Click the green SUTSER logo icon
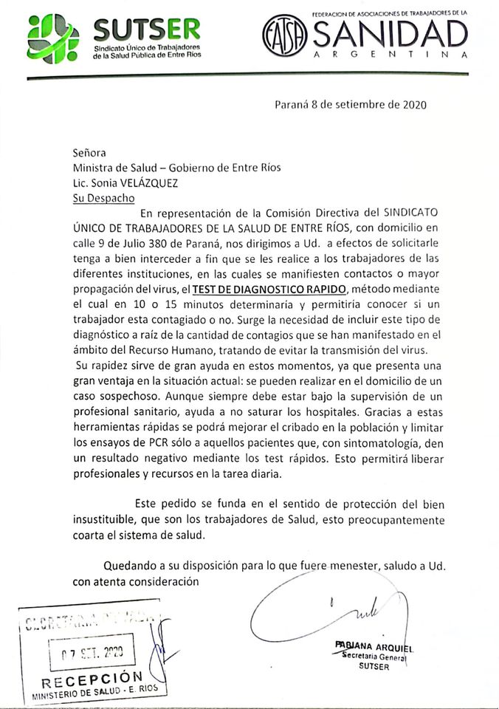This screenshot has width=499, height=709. click(52, 38)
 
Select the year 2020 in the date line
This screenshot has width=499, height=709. click(413, 104)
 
